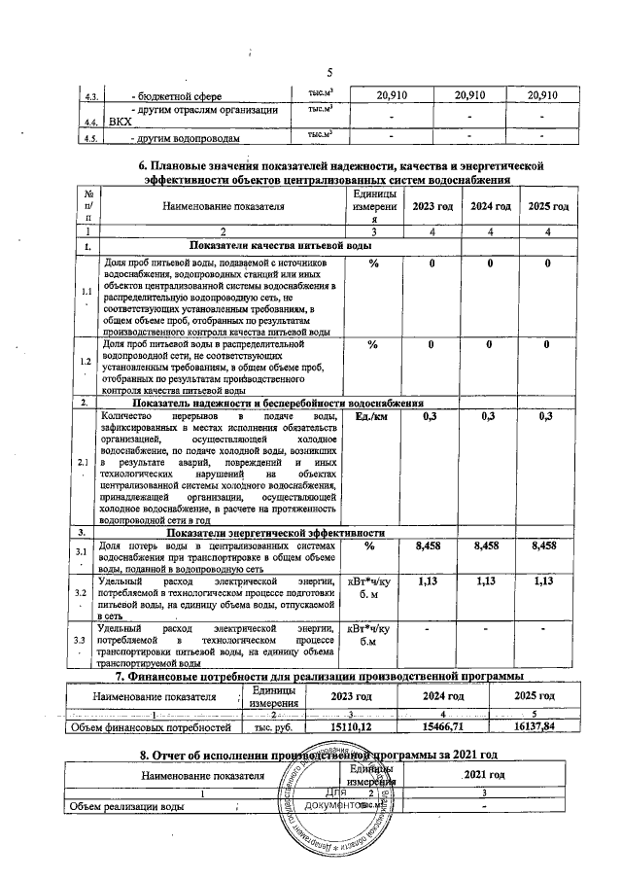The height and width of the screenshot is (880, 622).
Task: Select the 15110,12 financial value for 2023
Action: [351, 726]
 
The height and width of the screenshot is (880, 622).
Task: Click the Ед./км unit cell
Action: [367, 417]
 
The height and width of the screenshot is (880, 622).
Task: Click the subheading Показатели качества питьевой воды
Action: [281, 248]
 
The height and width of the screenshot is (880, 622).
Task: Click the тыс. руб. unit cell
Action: [273, 726]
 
